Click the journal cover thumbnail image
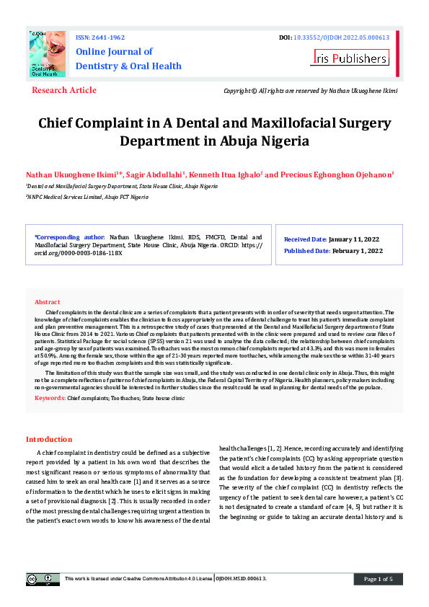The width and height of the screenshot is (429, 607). click(x=48, y=54)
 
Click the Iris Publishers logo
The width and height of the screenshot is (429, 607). click(x=350, y=58)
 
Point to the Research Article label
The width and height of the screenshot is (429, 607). click(x=64, y=90)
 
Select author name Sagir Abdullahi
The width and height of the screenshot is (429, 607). click(x=157, y=175)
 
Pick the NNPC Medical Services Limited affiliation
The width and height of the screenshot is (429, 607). click(x=87, y=197)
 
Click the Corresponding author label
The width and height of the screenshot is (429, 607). click(x=69, y=236)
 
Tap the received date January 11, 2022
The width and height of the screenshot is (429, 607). click(x=355, y=239)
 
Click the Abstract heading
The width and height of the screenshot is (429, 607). click(x=48, y=302)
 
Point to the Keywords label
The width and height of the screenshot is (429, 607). click(x=50, y=398)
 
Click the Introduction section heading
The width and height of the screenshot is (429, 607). click(x=49, y=439)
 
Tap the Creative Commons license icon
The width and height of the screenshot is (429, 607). click(x=43, y=578)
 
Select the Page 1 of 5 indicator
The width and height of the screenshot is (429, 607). click(x=379, y=579)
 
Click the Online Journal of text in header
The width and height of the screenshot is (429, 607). click(x=114, y=52)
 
